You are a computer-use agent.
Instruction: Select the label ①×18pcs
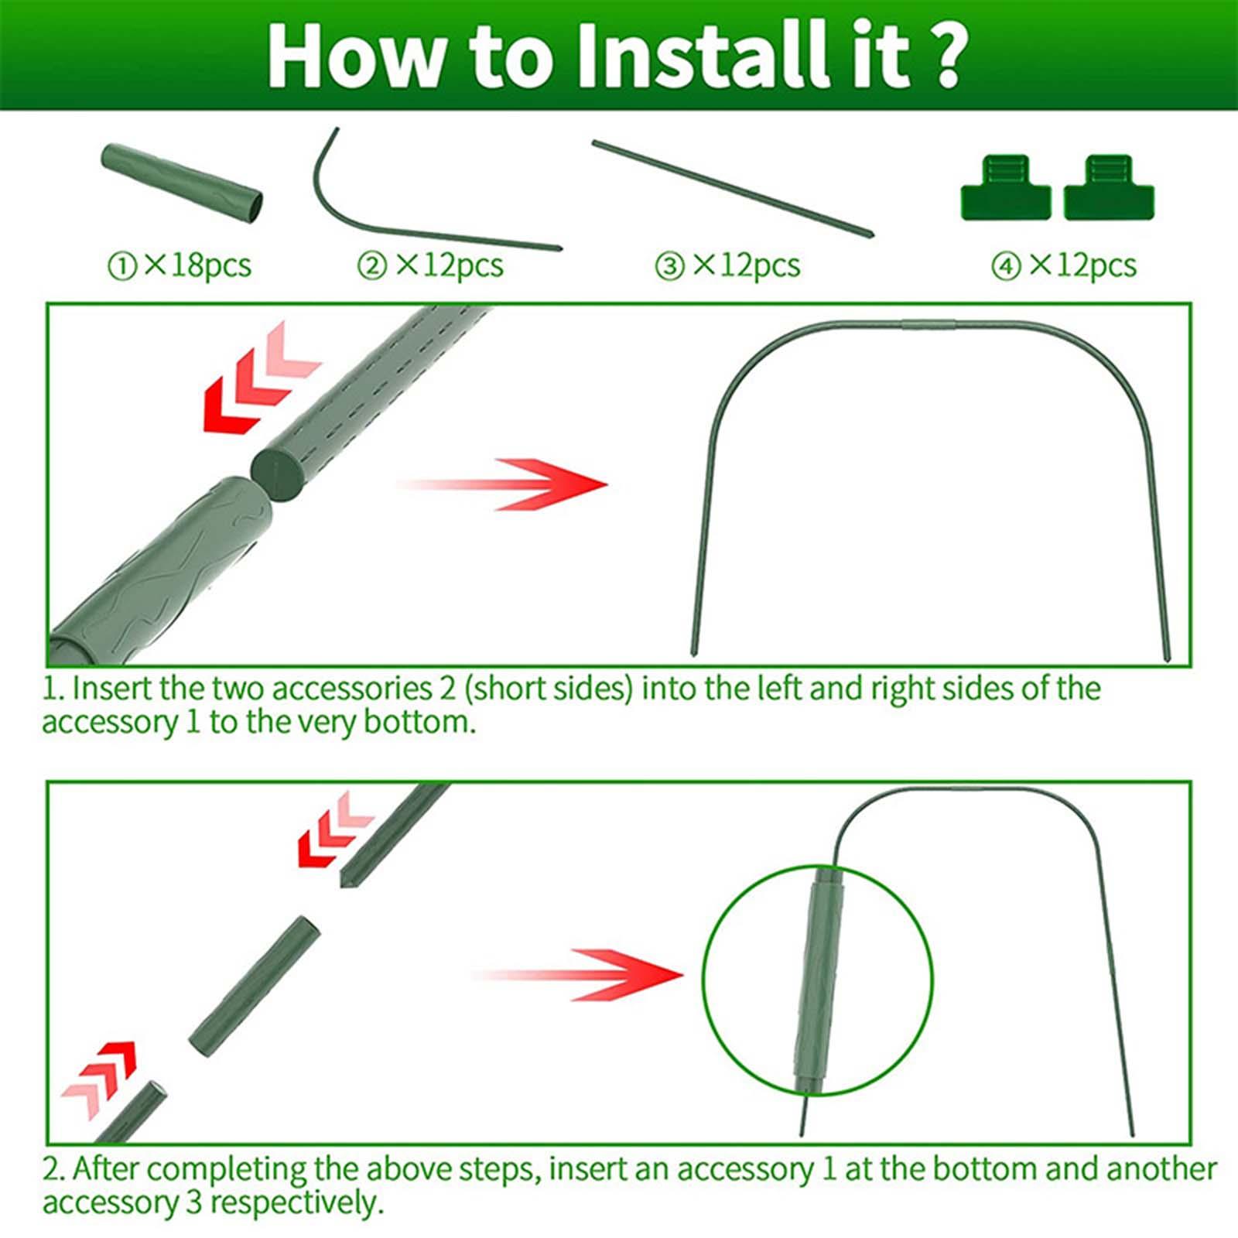pos(179,265)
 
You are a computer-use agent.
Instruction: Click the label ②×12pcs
pos(430,265)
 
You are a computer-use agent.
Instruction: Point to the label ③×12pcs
pos(727,265)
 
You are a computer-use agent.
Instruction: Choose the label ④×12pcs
pos(1064,265)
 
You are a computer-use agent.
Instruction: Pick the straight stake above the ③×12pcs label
pos(732,188)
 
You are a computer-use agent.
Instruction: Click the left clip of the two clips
pos(1006,187)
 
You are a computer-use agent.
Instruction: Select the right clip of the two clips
pos(1109,187)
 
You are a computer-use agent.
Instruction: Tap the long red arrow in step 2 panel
pos(577,974)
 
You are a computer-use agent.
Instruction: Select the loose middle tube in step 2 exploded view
pos(255,988)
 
